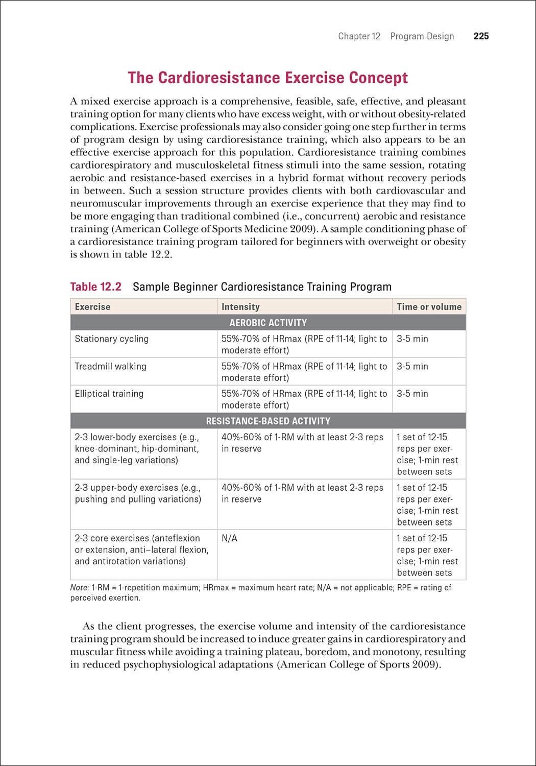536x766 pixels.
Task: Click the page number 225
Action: coord(481,36)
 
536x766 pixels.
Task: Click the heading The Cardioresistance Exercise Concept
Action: coord(267,78)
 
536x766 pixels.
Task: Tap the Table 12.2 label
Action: coord(95,286)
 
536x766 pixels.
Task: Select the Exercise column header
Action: coord(92,306)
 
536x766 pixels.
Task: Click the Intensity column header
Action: coord(240,306)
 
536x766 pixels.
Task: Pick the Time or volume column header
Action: coord(429,306)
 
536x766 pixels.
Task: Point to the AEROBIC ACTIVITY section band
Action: coord(268,323)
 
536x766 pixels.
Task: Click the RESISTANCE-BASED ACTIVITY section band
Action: coord(268,421)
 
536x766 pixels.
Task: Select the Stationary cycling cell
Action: coord(112,339)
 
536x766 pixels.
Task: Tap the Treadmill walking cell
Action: coord(110,366)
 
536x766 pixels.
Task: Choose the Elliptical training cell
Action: coord(109,394)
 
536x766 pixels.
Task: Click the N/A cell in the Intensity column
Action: coord(229,538)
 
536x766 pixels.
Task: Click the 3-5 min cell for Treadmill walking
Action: coord(412,366)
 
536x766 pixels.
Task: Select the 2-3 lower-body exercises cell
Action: coord(137,448)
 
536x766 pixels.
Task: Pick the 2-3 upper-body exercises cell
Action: coord(138,493)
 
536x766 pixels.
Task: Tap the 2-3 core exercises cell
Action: coord(141,549)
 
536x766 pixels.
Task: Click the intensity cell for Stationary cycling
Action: coord(304,344)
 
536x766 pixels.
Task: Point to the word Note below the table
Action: coord(79,588)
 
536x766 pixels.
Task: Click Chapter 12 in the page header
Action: coord(359,36)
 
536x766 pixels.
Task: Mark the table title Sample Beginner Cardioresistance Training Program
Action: coord(262,286)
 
